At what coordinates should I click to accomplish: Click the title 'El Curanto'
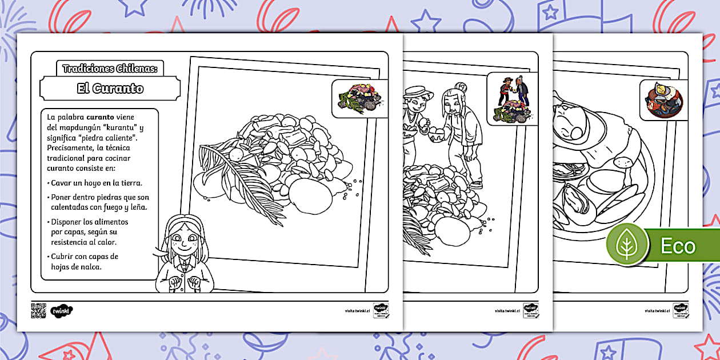[x=110, y=89]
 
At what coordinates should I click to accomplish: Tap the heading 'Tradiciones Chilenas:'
[x=110, y=69]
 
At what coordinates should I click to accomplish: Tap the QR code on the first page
[x=38, y=310]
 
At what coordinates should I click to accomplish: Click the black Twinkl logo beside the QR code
[x=62, y=310]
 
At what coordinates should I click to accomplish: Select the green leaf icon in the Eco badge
[x=627, y=246]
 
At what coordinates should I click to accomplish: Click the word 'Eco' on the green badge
[x=678, y=246]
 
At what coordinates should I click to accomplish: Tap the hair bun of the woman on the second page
[x=461, y=87]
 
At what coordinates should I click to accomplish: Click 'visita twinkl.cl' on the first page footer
[x=357, y=311]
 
